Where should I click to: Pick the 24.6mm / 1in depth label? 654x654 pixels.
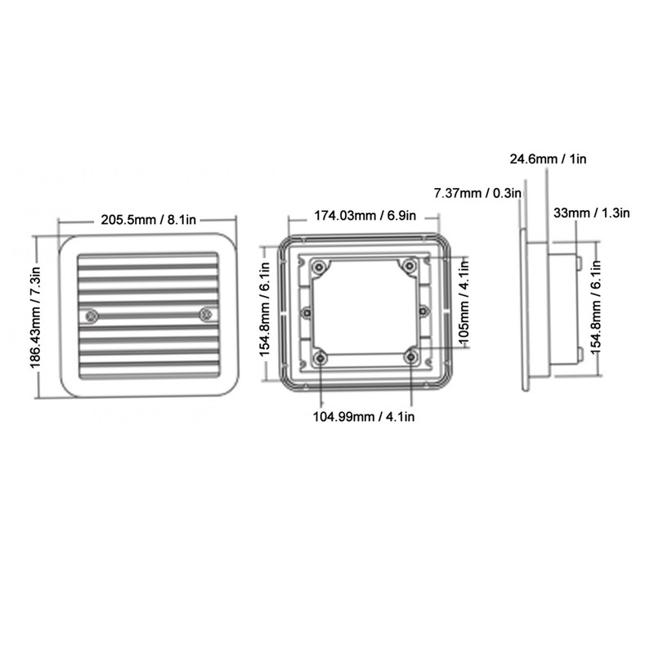[548, 159]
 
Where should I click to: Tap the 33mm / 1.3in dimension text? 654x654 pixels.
[591, 213]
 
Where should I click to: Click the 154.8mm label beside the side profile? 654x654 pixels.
[597, 308]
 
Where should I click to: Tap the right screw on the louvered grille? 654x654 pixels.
[206, 313]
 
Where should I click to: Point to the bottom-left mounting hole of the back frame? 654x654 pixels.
[320, 356]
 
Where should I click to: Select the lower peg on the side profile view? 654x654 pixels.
[579, 354]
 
